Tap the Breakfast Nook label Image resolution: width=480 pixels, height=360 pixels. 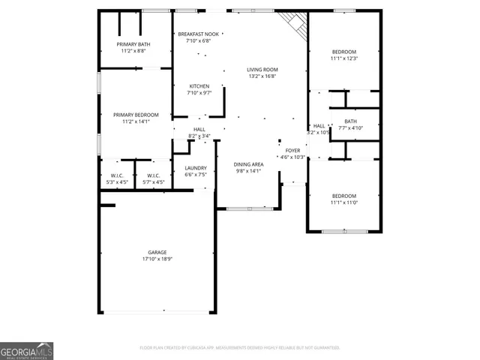point(199,34)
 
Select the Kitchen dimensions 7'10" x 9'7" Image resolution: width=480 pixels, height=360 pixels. point(199,93)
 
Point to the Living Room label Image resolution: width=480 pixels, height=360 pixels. point(262,69)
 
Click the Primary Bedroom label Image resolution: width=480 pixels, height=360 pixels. point(136,115)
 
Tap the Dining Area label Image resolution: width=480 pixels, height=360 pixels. point(248,164)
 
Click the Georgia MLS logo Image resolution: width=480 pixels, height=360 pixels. point(26,351)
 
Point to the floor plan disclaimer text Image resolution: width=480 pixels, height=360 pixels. point(240,348)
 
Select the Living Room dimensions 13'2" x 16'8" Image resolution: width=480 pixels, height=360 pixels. point(262,76)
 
